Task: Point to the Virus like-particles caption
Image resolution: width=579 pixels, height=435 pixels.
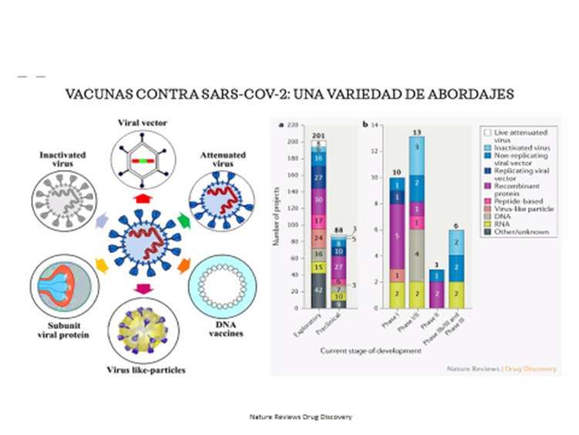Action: pos(147,370)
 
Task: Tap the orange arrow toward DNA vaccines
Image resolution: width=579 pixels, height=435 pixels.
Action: pos(184,267)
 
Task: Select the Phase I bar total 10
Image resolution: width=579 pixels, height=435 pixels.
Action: pos(395,172)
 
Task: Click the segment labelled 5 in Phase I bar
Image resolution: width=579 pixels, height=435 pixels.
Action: pos(395,236)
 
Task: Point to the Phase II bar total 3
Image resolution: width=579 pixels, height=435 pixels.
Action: pos(436,264)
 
